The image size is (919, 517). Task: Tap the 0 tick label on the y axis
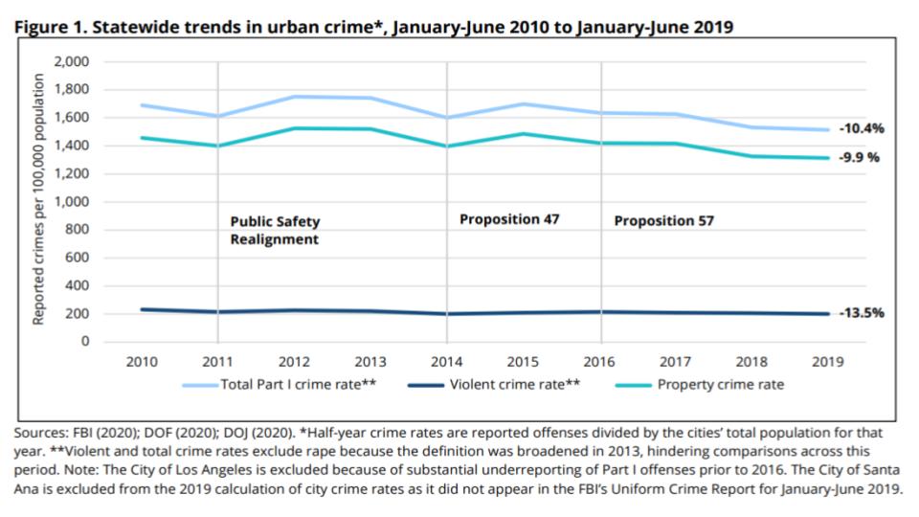pos(84,342)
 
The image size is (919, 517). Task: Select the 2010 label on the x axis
pos(142,362)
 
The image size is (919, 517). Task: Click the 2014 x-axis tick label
pos(447,362)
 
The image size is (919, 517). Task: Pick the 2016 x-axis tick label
pos(600,362)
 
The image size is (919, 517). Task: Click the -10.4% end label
pos(862,128)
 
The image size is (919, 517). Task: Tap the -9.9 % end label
pos(861,157)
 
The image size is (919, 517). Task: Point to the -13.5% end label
pos(862,312)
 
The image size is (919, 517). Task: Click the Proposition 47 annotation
pos(509,219)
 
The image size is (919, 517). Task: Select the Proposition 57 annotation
pos(664,221)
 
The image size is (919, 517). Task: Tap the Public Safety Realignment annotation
pos(275,231)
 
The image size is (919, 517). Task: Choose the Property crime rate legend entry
pos(709,385)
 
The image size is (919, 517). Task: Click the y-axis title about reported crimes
pos(39,201)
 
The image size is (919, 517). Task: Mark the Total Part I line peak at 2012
pos(294,97)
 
